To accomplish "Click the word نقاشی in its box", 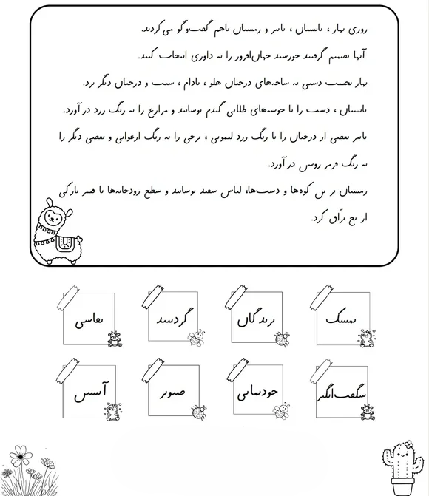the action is click(87, 322).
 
